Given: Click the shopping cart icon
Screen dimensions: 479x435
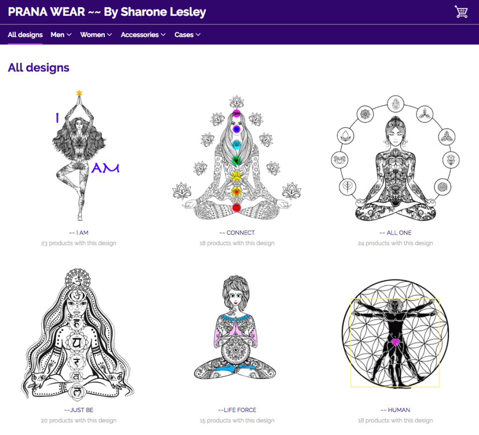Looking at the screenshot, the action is point(461,12).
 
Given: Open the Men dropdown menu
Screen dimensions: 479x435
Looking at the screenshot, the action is point(61,35).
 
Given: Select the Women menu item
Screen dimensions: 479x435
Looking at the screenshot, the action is point(96,35).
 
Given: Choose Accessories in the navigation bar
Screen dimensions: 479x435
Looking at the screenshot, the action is point(143,35).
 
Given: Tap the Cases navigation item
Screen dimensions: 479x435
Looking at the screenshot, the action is point(188,35).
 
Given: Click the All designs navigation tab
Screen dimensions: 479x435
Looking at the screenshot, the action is point(25,35).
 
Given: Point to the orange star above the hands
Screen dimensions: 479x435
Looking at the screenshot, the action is point(79,93).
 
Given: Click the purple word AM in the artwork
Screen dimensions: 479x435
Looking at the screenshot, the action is point(105,168).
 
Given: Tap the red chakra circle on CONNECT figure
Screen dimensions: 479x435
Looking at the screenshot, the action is point(236,207).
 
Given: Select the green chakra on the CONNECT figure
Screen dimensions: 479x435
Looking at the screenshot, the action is point(236,160).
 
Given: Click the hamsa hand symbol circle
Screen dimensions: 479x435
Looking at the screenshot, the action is point(396,104).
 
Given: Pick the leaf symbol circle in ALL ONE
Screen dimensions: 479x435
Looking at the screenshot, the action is point(347,186).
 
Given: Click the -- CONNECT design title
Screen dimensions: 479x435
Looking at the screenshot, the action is point(237,233).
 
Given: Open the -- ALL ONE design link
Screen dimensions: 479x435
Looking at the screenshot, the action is point(395,233).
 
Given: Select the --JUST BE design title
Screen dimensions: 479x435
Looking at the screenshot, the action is point(79,410).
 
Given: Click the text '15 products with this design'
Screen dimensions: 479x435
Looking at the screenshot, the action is point(237,420).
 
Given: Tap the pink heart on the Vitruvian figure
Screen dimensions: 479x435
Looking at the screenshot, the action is point(395,342).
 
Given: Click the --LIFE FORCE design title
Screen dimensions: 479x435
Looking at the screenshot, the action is point(237,410).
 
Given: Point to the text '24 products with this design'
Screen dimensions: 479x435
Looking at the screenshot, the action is point(395,243).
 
